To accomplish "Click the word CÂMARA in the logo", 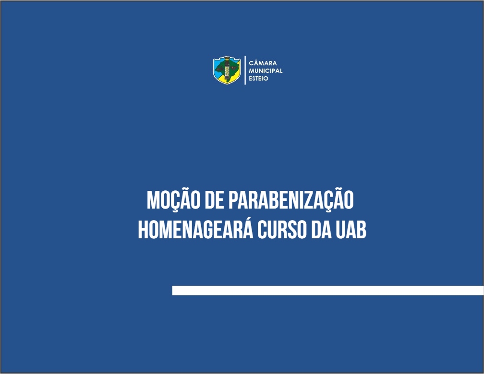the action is [263, 63].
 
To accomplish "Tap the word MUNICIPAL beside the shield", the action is [266, 70].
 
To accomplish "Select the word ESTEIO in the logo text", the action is [258, 78].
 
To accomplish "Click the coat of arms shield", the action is [227, 70].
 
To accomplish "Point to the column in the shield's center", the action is [227, 70].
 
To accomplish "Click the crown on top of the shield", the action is [227, 58].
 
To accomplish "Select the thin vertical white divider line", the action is [245, 70].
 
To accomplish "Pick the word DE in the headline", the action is [214, 200].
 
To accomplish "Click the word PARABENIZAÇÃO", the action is [291, 199].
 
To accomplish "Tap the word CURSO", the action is [282, 230].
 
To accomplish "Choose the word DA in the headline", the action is [321, 230].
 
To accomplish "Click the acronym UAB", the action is [351, 230].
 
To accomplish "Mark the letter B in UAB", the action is [361, 230].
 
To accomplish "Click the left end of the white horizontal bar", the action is [172, 291].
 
